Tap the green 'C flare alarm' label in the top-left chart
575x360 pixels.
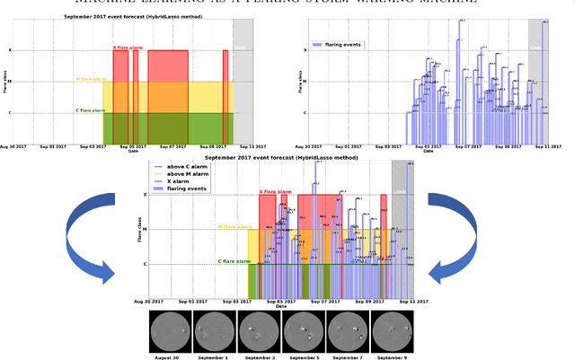tap(91, 110)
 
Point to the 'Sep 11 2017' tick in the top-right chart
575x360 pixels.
tap(547, 145)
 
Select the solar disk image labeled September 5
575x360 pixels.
tap(303, 330)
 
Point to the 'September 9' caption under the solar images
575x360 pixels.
tap(391, 356)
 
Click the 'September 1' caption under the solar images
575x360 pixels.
tap(214, 356)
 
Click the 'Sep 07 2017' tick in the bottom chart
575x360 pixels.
tap(324, 303)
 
